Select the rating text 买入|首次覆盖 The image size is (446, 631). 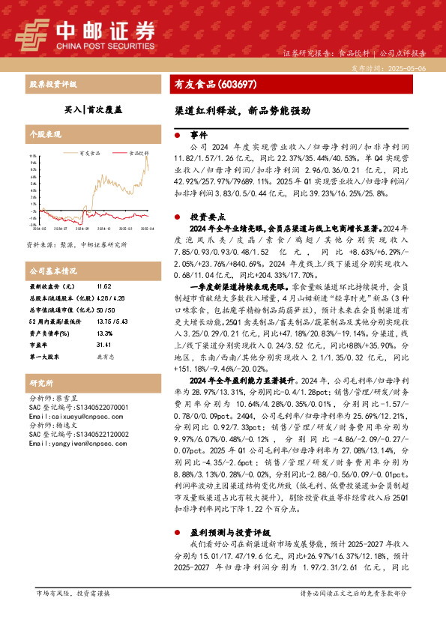pyautogui.click(x=93, y=109)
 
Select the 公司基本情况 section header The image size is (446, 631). pyautogui.click(x=53, y=270)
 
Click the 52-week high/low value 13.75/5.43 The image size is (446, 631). pyautogui.click(x=110, y=321)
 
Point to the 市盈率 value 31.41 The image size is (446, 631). pyautogui.click(x=104, y=344)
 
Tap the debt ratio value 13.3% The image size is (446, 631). pyautogui.click(x=104, y=333)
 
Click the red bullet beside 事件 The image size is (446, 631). pyautogui.click(x=177, y=136)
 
